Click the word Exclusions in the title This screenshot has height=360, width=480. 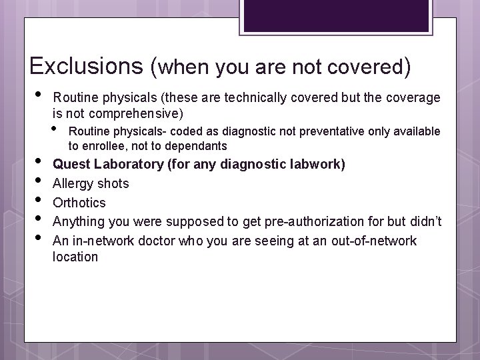tap(87, 66)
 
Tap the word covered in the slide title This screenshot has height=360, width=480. tap(364, 67)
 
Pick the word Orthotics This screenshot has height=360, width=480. tap(79, 202)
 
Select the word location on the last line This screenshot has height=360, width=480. tap(75, 257)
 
